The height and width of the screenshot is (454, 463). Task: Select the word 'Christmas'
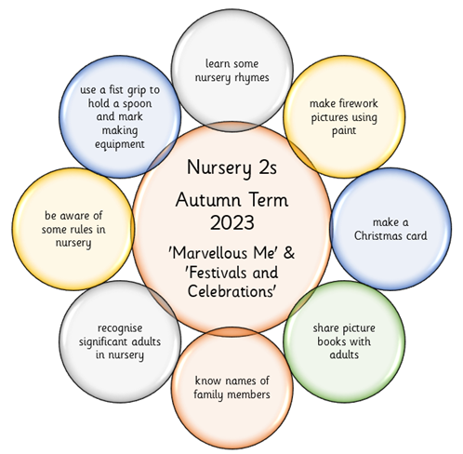point(377,235)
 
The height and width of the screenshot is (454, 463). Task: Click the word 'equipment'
point(120,144)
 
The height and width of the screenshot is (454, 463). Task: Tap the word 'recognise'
point(120,328)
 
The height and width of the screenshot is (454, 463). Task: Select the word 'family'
point(209,395)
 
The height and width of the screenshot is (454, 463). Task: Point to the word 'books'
point(331,341)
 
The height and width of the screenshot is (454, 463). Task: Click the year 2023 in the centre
point(232,222)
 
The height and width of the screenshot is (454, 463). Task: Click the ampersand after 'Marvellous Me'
point(289,253)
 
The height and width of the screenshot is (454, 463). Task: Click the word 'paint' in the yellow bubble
point(344,131)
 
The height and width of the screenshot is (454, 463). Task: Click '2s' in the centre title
point(267,167)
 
